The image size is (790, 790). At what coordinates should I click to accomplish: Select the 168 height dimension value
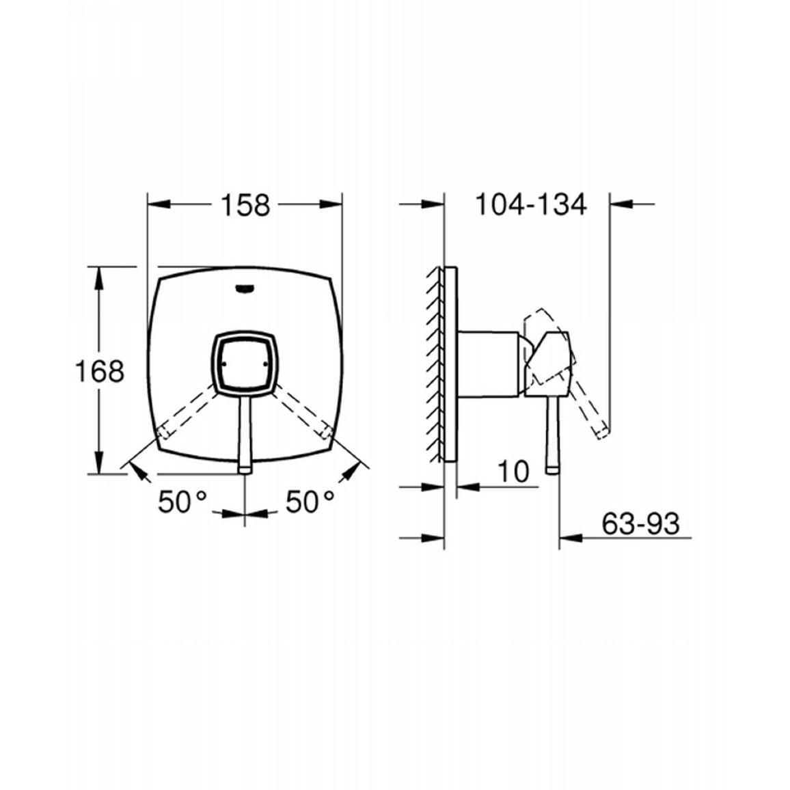tap(99, 371)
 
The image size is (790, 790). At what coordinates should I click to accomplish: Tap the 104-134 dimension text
tap(531, 204)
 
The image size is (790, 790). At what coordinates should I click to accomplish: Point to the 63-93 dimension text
tap(640, 523)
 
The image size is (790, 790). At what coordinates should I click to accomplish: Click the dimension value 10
tap(513, 472)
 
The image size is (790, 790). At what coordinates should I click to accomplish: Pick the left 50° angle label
tap(182, 502)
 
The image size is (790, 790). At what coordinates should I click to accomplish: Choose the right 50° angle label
tap(310, 502)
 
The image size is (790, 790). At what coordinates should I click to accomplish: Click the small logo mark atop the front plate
tap(245, 288)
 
